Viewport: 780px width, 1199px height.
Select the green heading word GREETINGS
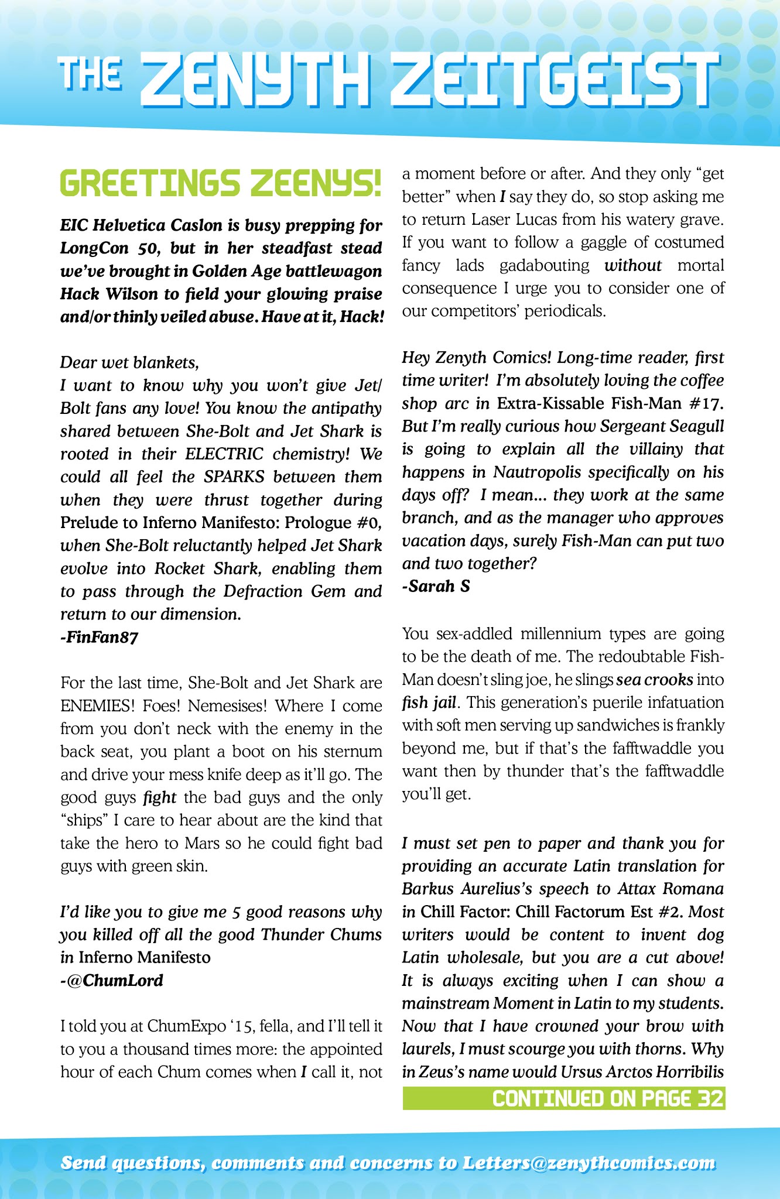150,183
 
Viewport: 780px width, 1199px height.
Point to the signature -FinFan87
99,637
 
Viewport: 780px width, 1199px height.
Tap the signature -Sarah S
436,586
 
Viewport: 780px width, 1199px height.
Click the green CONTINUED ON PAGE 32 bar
563,1098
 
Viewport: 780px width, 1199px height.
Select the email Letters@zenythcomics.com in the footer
589,1163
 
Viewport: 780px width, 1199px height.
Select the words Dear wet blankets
129,363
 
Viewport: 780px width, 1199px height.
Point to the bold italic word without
632,266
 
